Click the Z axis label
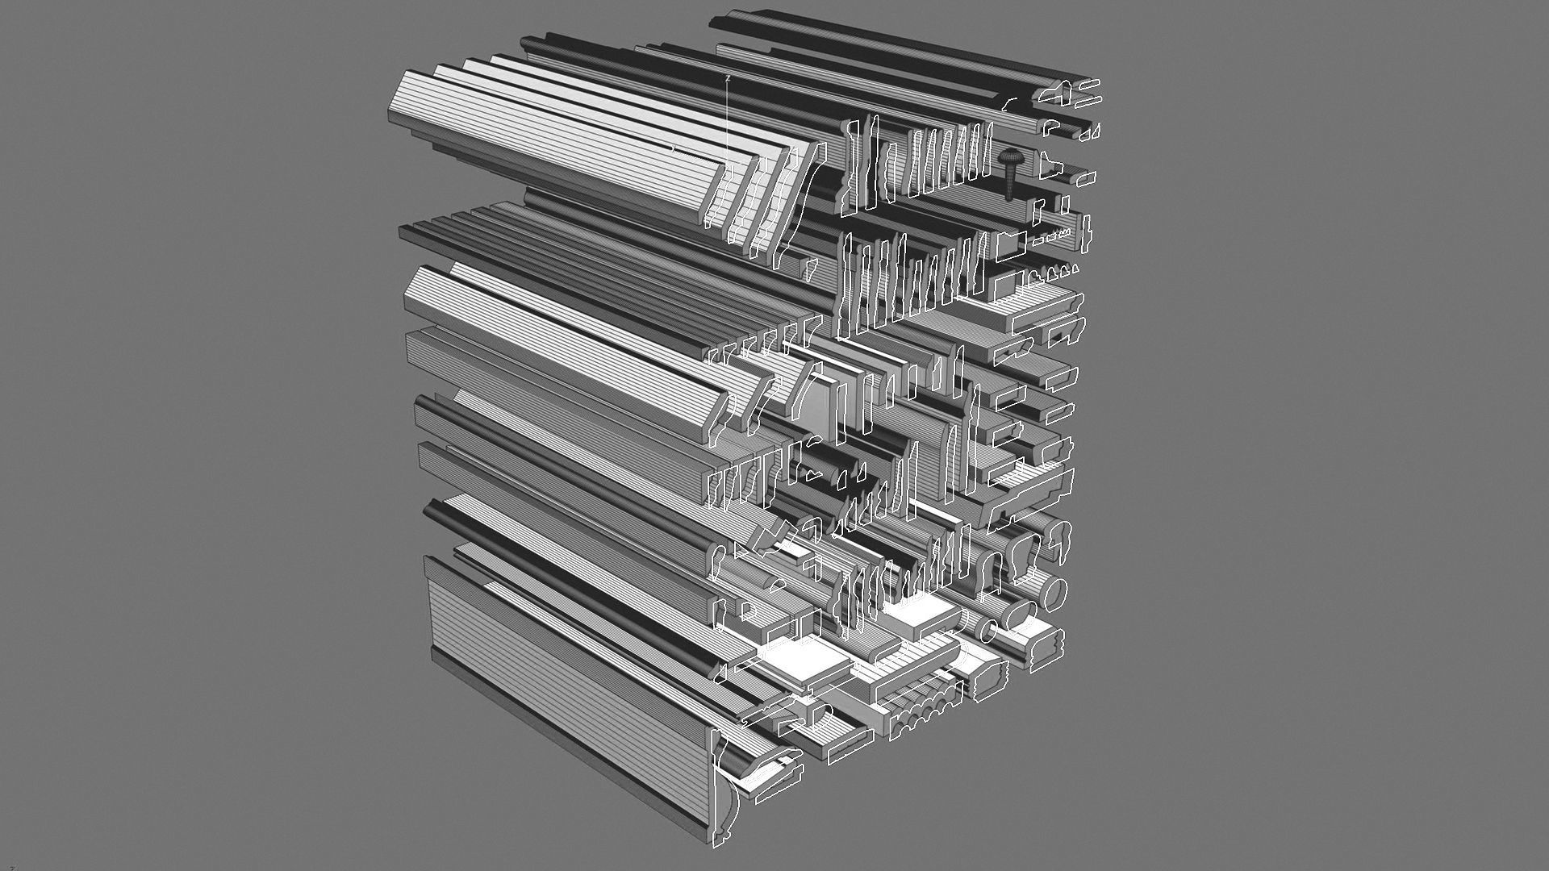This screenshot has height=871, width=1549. (729, 78)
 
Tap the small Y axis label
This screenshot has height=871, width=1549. (674, 148)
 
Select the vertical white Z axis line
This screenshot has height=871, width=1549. (729, 121)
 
